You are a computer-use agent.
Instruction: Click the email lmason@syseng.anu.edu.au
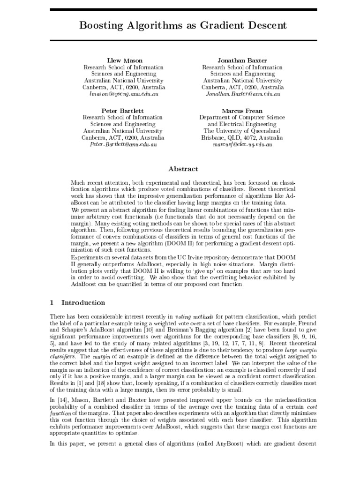pyautogui.click(x=124, y=94)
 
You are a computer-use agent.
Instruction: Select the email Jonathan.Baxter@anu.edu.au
pyautogui.click(x=243, y=94)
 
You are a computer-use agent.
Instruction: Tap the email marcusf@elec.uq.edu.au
pyautogui.click(x=242, y=145)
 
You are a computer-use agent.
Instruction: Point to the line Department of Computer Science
pyautogui.click(x=242, y=118)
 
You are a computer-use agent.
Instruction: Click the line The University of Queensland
pyautogui.click(x=242, y=131)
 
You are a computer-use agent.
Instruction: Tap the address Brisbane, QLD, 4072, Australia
pyautogui.click(x=242, y=138)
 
